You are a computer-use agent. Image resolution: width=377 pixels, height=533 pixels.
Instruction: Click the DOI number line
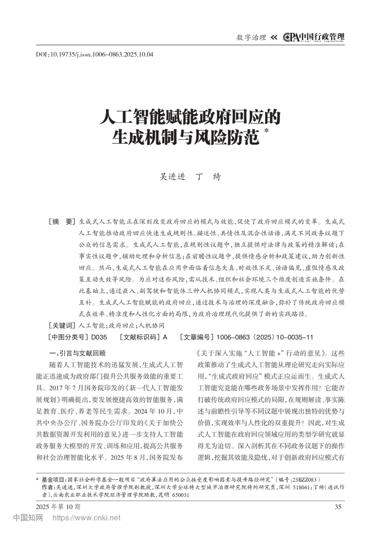coord(95,54)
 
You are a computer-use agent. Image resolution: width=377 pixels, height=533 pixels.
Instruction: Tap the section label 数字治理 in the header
coord(251,37)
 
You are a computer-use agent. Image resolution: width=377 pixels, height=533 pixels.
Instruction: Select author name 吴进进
coord(172,177)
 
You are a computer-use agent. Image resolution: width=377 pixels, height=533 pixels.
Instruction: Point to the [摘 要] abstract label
coord(62,221)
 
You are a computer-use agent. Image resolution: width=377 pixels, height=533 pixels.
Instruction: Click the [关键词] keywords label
coord(62,326)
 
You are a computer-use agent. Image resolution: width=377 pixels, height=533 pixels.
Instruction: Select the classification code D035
coord(99,337)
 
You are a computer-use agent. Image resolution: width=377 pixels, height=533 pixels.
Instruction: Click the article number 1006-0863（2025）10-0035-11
coord(265,337)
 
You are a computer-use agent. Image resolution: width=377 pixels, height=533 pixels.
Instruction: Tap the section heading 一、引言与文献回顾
coord(78,353)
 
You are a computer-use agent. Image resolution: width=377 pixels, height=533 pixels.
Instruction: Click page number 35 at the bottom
coord(338,506)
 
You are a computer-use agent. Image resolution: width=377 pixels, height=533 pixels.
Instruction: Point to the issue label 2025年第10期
coord(58,506)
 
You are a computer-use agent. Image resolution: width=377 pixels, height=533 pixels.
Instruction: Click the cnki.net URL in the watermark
coord(86,518)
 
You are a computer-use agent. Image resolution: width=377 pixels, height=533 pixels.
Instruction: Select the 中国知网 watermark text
coord(28,518)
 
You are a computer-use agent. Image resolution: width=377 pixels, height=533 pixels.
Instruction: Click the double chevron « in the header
coord(274,37)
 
